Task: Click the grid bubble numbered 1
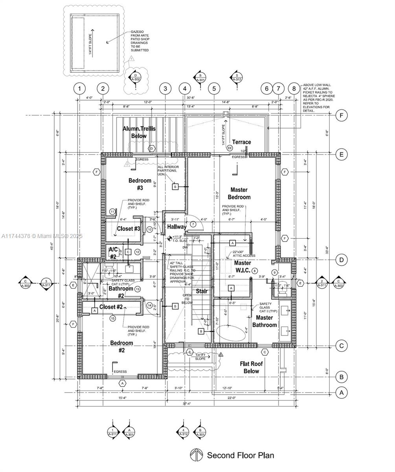click(79, 88)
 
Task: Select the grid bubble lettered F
click(342, 115)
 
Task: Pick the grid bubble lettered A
click(342, 393)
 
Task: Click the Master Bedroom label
click(239, 194)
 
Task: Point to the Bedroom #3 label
click(140, 184)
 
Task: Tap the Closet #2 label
click(111, 307)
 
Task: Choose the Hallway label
click(177, 227)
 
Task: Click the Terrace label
click(241, 142)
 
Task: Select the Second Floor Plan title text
click(240, 455)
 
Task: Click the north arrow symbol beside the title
click(196, 455)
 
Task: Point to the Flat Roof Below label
click(251, 367)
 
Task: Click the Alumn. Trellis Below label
click(139, 132)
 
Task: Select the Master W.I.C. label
click(243, 267)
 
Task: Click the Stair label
click(202, 291)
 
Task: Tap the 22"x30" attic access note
click(244, 254)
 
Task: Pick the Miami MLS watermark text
click(42, 236)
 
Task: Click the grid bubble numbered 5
click(214, 88)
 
